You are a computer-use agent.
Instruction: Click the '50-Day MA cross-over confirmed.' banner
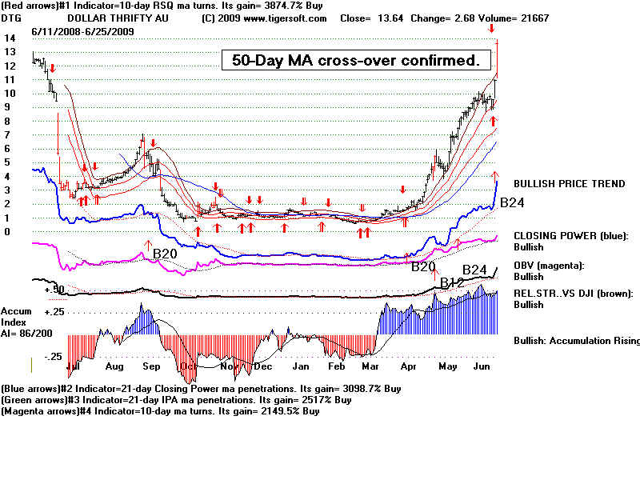click(x=356, y=60)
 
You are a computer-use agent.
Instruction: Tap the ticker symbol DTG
click(x=12, y=18)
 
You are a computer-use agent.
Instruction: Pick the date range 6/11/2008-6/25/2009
click(x=83, y=31)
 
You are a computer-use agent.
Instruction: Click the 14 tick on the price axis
click(x=10, y=38)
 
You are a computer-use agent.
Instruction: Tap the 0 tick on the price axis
click(x=7, y=232)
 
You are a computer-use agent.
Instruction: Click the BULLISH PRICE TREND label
click(x=569, y=184)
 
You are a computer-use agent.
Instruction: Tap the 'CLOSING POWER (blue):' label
click(x=569, y=236)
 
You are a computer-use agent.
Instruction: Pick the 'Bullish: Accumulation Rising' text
click(x=576, y=341)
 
